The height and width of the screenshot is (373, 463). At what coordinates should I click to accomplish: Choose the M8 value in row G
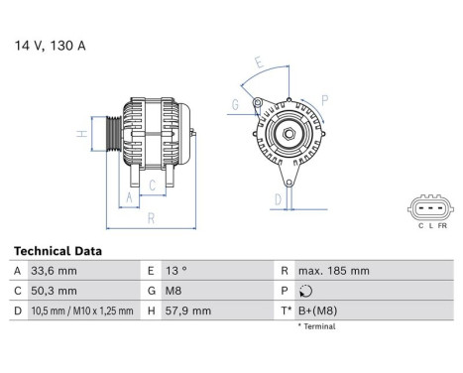click(174, 292)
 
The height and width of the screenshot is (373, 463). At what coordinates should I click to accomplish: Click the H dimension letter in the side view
click(81, 133)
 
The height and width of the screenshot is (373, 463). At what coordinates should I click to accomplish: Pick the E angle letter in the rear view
click(259, 63)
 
